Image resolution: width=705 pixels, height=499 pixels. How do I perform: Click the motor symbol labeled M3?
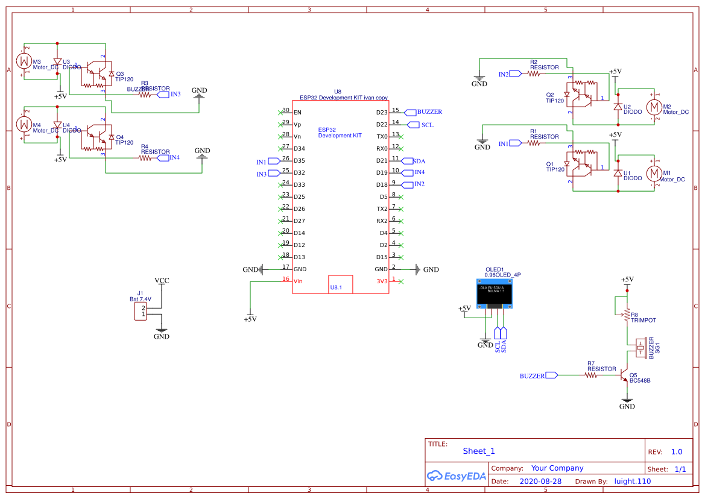pos(24,61)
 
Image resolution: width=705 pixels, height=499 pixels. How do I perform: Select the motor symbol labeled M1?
pos(653,174)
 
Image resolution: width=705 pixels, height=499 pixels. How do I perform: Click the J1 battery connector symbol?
pos(141,312)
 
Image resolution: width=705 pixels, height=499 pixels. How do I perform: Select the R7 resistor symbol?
pos(591,375)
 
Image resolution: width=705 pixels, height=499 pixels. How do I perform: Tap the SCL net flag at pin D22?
pos(413,125)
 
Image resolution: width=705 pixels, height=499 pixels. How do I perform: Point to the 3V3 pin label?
pos(382,281)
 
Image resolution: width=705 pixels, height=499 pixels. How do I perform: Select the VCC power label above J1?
pos(162,281)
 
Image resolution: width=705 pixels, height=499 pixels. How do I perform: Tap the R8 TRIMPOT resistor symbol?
pos(627,314)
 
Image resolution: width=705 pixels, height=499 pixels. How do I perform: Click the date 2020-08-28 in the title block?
pos(540,482)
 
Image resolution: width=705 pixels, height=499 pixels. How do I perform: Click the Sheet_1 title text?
pos(479,451)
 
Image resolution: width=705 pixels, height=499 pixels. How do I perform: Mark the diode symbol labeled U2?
pos(617,107)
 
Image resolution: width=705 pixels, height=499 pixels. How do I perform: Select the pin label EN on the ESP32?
pos(297,112)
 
